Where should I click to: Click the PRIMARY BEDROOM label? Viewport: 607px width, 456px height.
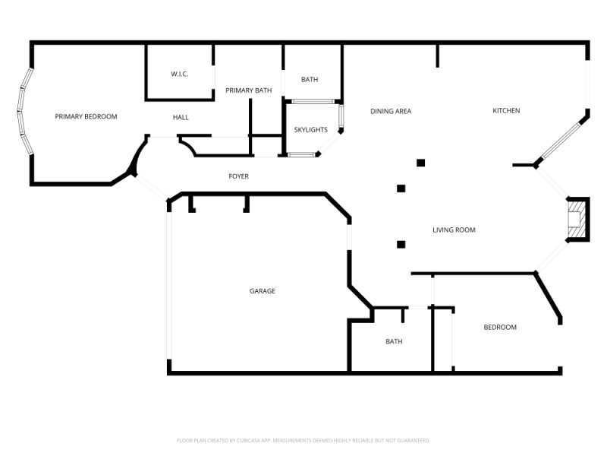point(86,116)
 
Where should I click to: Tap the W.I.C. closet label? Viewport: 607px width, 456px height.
point(179,74)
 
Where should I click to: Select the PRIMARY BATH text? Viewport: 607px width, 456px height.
point(248,90)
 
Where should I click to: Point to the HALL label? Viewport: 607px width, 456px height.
point(181,117)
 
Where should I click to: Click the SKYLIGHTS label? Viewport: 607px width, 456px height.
point(310,130)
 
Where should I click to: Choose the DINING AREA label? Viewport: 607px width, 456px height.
point(391,111)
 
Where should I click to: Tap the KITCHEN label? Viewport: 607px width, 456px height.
point(506,111)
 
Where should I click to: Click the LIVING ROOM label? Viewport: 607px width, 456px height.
point(454,230)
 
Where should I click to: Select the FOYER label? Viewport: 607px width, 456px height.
point(238,176)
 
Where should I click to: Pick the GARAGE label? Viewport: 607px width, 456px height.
point(263,291)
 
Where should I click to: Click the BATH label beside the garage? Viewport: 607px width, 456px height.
point(394,341)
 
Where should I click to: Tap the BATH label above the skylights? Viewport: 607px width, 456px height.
point(310,80)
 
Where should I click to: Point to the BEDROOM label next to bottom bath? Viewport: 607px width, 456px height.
point(500,327)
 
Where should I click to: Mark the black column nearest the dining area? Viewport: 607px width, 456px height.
point(420,162)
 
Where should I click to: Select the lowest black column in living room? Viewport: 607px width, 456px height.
point(401,244)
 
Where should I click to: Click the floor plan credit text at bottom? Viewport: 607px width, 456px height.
point(303,440)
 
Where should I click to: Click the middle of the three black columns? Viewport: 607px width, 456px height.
point(401,188)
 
